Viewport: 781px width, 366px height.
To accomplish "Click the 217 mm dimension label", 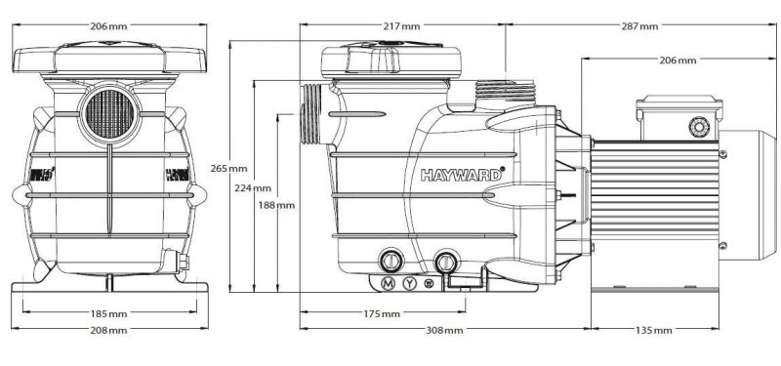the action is click(401, 26).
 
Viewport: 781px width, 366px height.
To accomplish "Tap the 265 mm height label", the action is click(229, 168).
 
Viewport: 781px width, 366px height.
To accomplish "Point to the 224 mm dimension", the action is click(253, 187).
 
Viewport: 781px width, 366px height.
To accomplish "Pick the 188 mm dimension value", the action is click(276, 205).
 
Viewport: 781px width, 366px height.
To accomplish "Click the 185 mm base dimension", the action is click(108, 313).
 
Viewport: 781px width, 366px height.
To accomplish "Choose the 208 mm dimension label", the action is click(108, 330).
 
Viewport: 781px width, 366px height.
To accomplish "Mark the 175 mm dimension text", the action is click(382, 313).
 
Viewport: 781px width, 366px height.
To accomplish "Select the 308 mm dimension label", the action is click(444, 330).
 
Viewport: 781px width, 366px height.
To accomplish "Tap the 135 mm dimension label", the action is click(653, 330).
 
